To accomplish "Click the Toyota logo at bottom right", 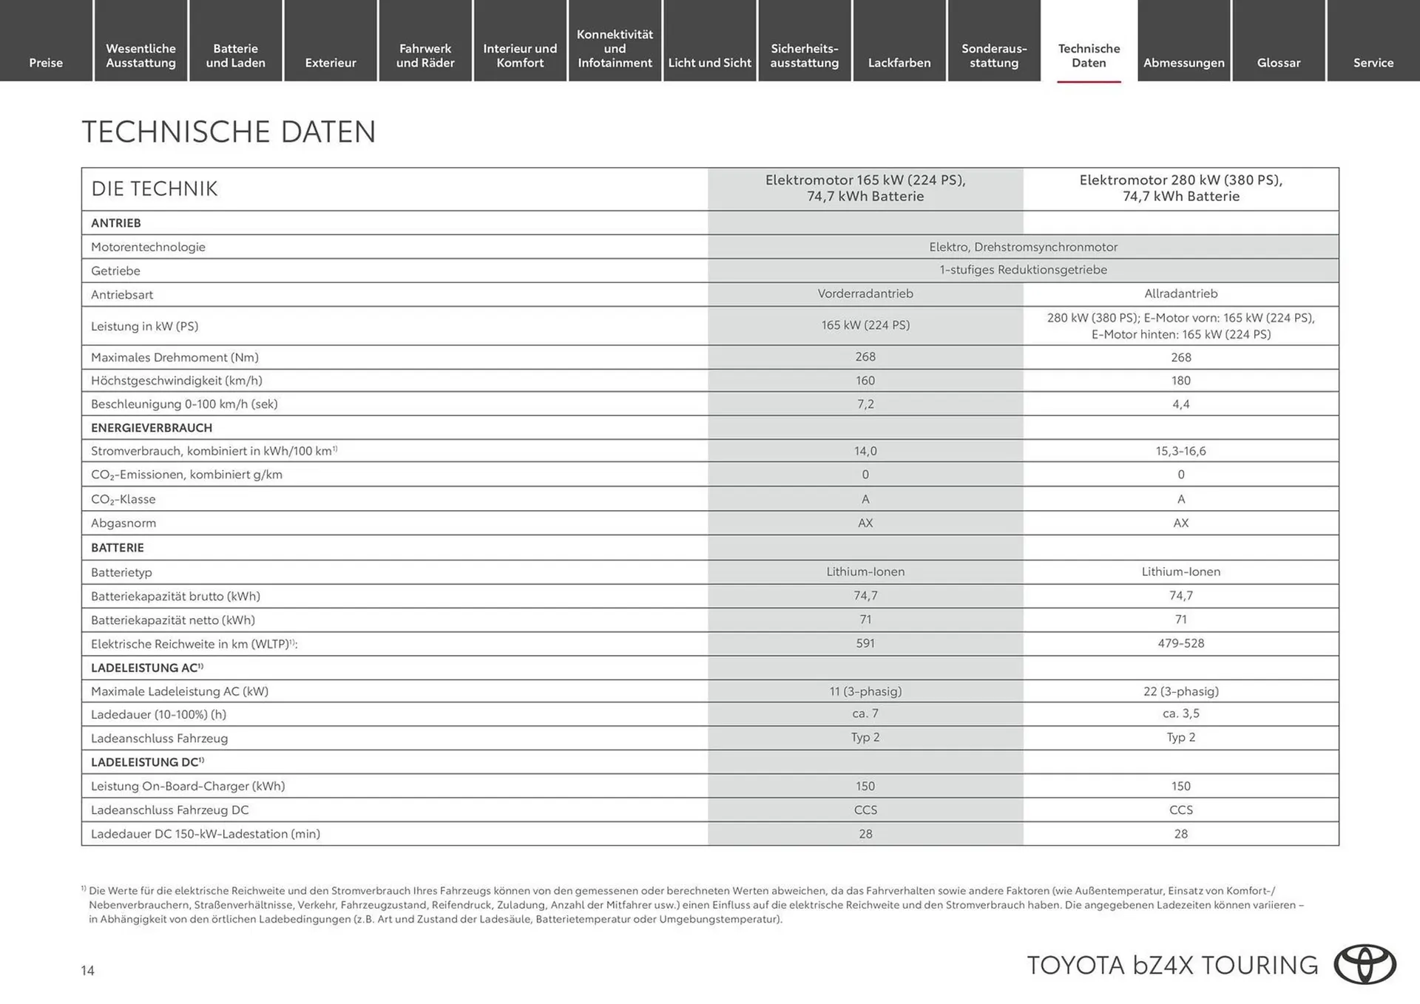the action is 1365,965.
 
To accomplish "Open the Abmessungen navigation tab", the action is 1183,63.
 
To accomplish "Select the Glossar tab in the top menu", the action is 1278,63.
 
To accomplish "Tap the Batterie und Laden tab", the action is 235,55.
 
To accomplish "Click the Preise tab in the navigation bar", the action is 46,63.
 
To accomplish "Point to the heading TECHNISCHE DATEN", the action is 229,132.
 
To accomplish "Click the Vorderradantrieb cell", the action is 865,294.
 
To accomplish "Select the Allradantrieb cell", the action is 1180,294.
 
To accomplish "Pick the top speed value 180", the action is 1180,381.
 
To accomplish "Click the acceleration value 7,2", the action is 865,404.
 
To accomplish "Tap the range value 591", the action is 865,643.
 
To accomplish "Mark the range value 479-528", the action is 1180,643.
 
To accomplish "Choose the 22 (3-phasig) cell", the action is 1180,691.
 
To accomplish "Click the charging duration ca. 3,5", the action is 1180,713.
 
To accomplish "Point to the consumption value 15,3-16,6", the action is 1180,451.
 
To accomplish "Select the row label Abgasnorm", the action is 124,523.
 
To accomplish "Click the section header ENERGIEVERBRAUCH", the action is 152,428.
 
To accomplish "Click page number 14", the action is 87,971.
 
